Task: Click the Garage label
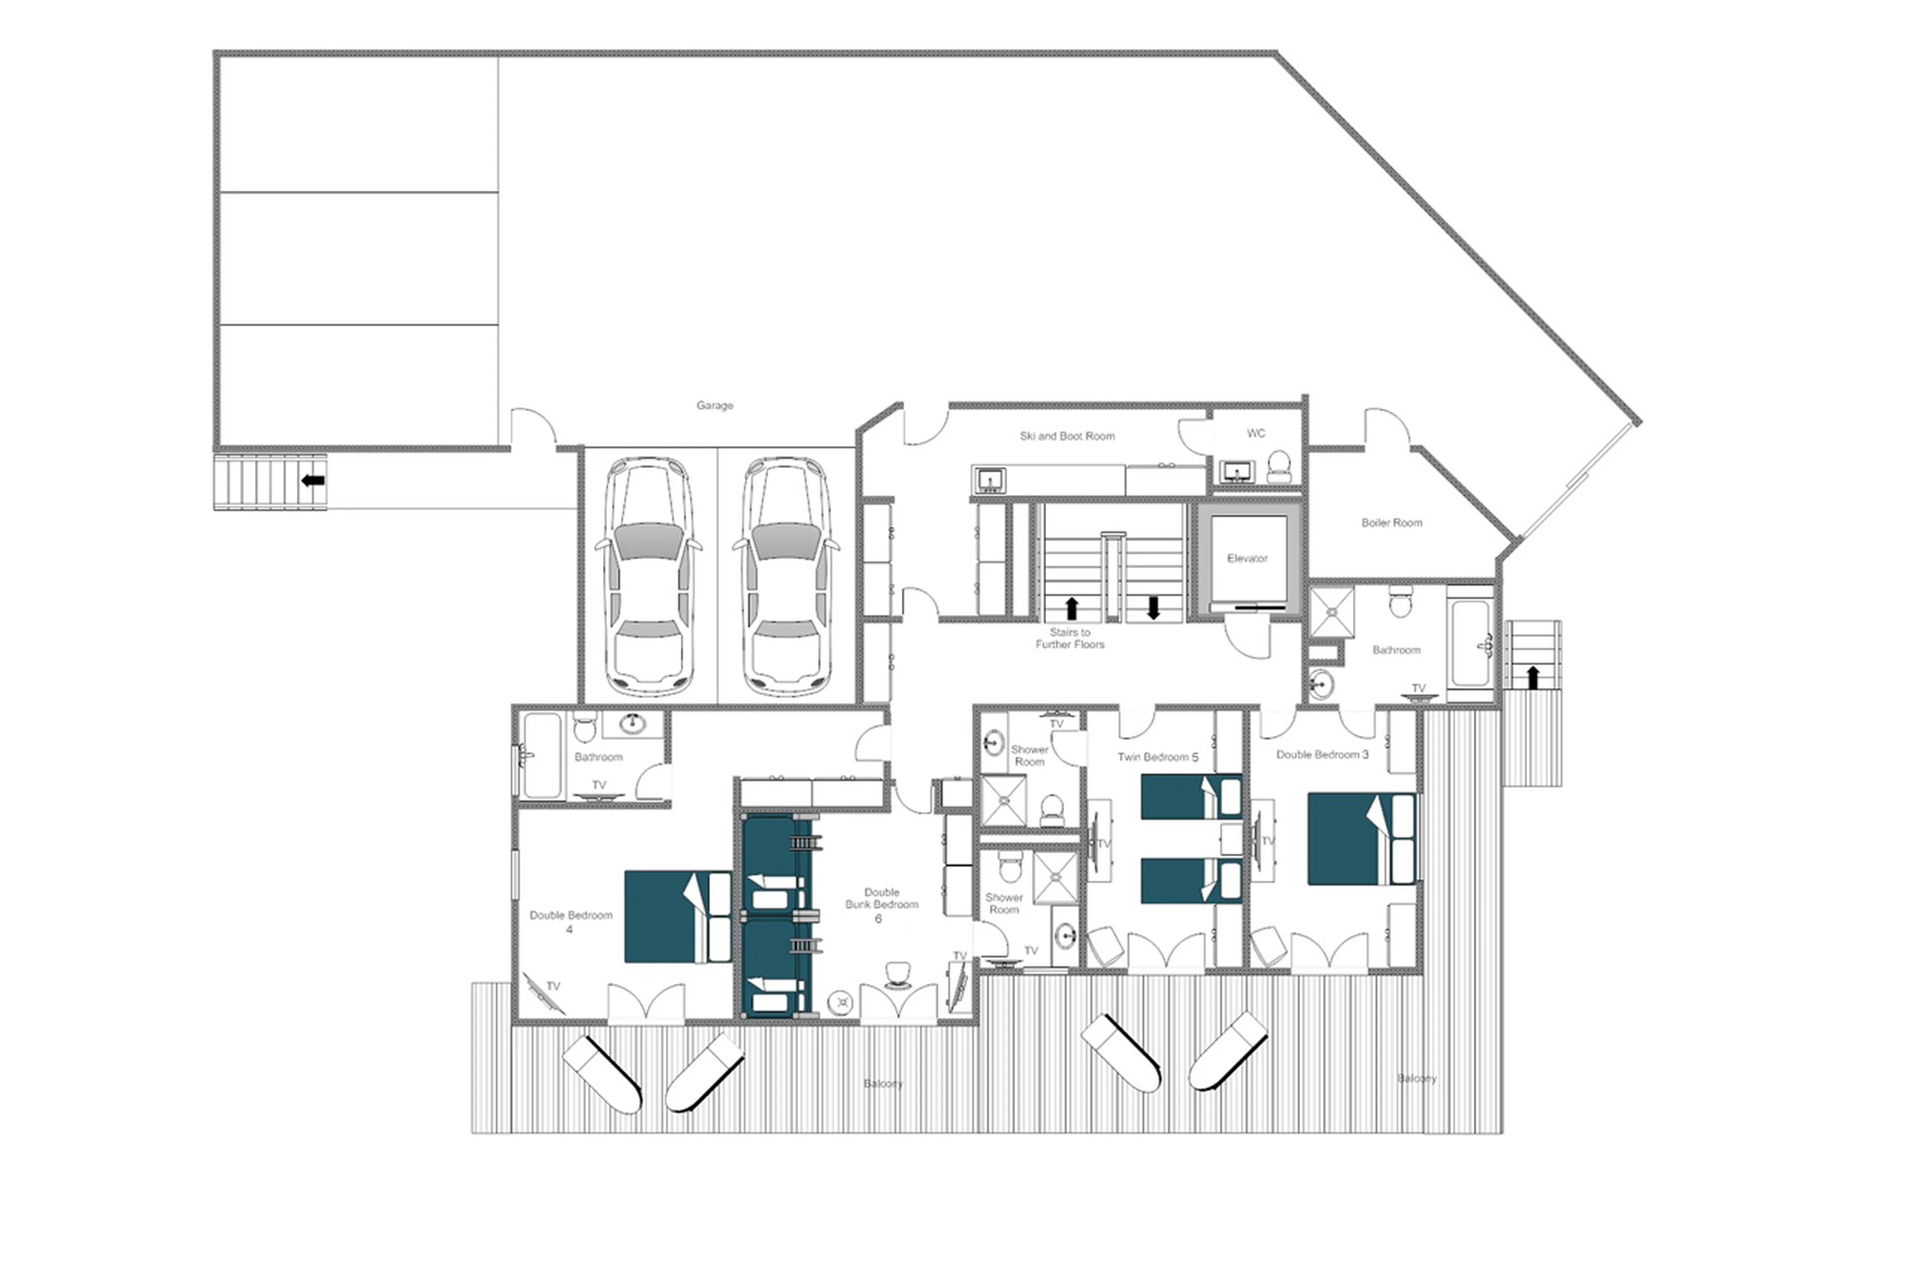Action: (714, 405)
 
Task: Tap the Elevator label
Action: (1246, 558)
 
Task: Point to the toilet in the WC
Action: (1278, 466)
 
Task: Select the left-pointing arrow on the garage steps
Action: (313, 480)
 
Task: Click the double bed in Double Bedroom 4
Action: (676, 917)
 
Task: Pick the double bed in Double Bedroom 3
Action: (1359, 838)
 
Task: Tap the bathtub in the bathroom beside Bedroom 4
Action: (541, 756)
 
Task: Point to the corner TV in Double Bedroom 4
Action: (542, 993)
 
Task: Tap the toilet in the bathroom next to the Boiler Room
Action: (1399, 603)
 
